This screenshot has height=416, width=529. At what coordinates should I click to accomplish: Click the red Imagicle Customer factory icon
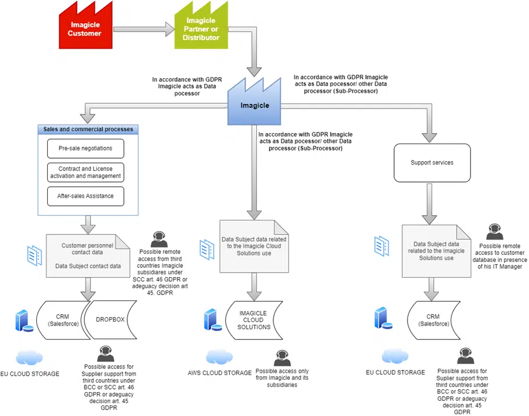tap(85, 29)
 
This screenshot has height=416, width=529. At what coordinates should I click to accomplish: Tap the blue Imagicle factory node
tap(255, 105)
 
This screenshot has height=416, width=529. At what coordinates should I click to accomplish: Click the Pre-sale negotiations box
tap(85, 148)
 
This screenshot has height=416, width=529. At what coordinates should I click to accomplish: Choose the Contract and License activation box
tap(85, 172)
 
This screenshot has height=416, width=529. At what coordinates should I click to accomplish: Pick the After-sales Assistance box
tap(85, 196)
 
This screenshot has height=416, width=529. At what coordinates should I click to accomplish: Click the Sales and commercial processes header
tap(88, 129)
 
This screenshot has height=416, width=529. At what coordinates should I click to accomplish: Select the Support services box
tap(431, 162)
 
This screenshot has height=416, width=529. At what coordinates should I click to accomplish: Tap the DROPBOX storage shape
tap(110, 319)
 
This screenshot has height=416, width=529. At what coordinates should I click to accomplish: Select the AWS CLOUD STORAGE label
tap(220, 373)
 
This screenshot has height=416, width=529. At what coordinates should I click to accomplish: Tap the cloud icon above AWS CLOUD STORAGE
tap(220, 356)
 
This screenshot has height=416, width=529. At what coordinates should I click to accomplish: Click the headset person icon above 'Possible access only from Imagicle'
tap(282, 356)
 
